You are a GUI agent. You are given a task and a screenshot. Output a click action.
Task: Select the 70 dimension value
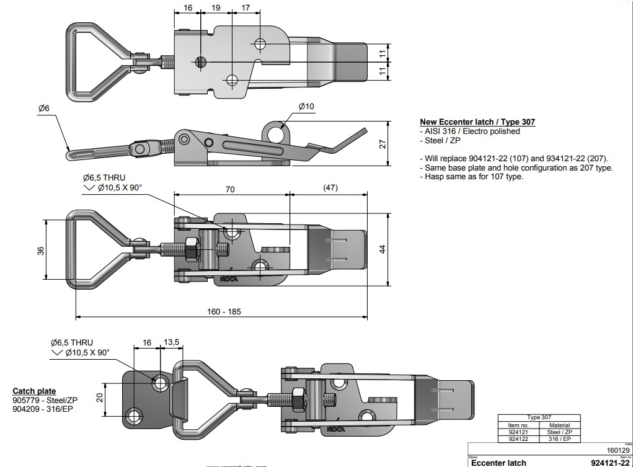click(231, 190)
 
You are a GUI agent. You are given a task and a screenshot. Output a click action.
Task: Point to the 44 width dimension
click(383, 249)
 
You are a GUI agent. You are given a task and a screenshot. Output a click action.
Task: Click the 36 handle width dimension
click(41, 251)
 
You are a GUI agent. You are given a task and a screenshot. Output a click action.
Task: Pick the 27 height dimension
click(383, 144)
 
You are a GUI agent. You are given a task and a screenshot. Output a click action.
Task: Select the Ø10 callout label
click(306, 107)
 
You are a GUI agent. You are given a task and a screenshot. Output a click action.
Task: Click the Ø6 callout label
click(43, 109)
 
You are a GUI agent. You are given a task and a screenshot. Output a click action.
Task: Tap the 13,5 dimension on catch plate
click(171, 342)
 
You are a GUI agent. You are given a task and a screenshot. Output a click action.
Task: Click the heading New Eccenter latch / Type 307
click(477, 122)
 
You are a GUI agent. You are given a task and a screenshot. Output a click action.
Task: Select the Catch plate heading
click(34, 391)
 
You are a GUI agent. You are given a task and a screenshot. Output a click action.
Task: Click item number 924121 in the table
click(518, 432)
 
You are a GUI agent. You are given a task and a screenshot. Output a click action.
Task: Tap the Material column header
click(559, 425)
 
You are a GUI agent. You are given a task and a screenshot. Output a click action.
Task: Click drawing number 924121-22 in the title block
click(611, 462)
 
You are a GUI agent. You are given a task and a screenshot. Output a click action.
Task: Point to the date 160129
click(618, 451)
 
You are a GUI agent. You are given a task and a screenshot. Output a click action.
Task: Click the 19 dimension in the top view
click(216, 8)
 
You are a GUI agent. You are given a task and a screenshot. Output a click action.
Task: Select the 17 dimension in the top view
click(245, 8)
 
